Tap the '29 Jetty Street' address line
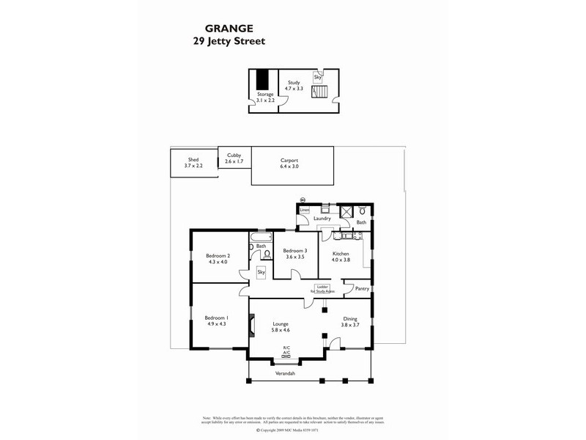(x=223, y=42)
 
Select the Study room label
(x=294, y=82)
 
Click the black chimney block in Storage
(x=262, y=79)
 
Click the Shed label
(x=193, y=159)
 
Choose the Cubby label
(x=234, y=155)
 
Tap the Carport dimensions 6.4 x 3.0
(x=289, y=166)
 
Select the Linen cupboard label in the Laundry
(x=305, y=210)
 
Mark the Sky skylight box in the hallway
(x=261, y=272)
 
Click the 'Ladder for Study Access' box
(x=322, y=289)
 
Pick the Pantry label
(x=362, y=288)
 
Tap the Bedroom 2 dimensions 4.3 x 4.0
(x=218, y=262)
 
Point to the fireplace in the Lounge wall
(x=252, y=323)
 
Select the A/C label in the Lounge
(x=286, y=352)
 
